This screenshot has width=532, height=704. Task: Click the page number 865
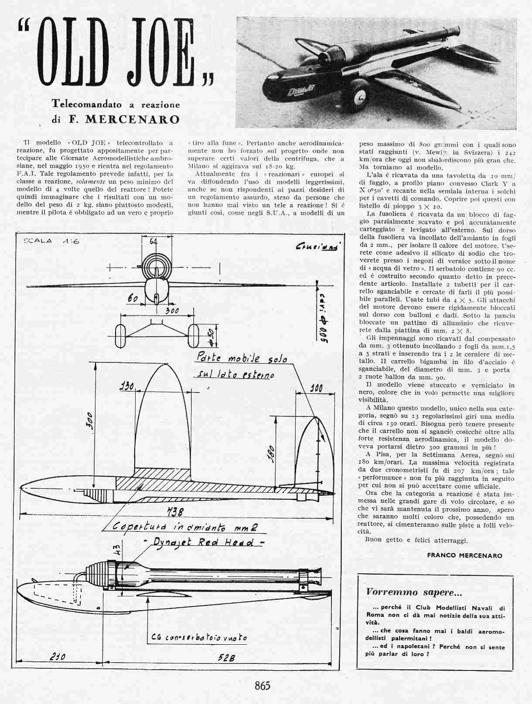[263, 685]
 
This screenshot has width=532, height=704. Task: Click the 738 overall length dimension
[174, 511]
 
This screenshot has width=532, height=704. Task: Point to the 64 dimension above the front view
[153, 241]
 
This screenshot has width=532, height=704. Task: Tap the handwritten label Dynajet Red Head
[203, 542]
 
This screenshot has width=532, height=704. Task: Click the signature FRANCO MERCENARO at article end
[464, 555]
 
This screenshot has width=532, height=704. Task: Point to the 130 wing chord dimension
[127, 386]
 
